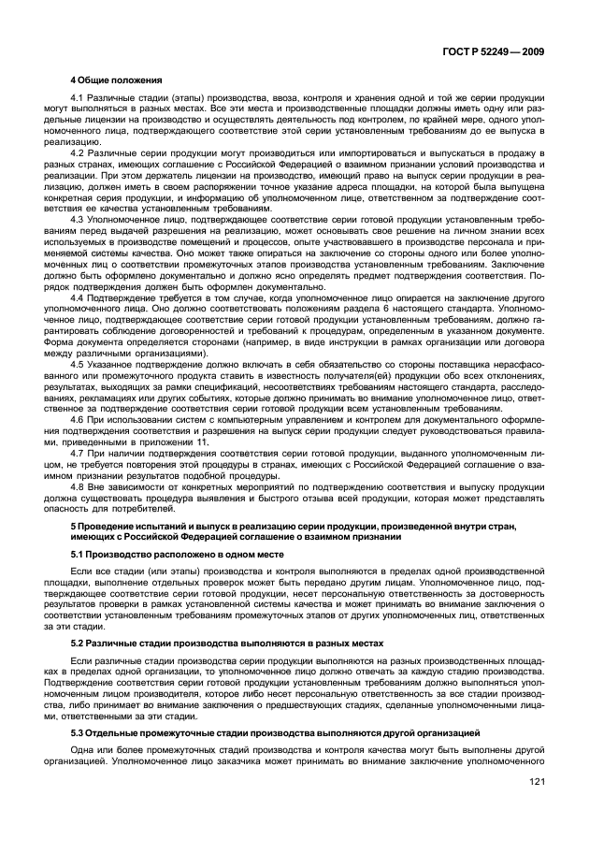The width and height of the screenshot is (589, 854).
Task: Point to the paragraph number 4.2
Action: point(79,152)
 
